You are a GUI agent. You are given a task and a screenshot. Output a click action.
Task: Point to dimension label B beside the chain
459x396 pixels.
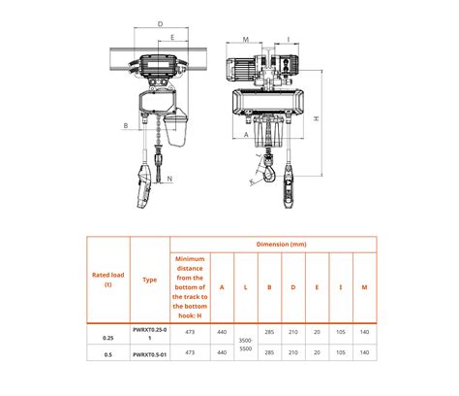[x=126, y=126]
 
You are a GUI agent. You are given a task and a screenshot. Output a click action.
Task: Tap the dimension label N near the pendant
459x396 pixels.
[x=168, y=179]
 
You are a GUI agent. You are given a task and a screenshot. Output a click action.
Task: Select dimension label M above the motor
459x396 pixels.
[x=247, y=40]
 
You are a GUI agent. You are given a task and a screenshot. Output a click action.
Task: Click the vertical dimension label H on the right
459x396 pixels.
[x=317, y=118]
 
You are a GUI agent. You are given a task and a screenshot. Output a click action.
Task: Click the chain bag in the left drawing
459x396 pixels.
[x=175, y=123]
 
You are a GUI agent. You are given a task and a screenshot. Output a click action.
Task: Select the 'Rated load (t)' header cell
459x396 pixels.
[x=108, y=280]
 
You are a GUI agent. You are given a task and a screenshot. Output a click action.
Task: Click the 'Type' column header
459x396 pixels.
[x=149, y=280]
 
